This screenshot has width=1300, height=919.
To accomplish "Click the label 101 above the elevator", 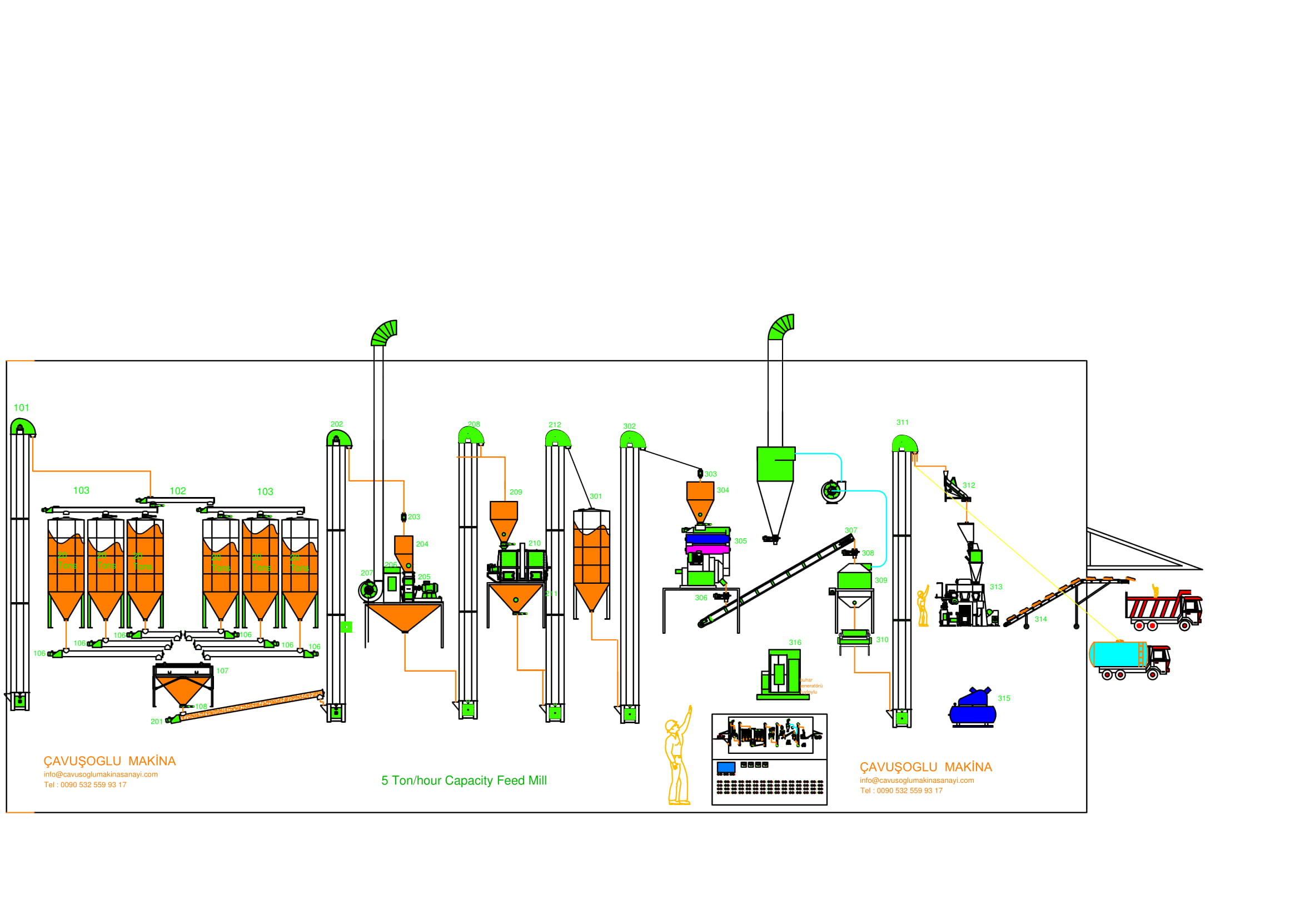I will (21, 408).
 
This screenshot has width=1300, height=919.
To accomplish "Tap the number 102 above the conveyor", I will (177, 491).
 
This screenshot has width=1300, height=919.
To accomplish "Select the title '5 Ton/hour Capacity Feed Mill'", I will (464, 780).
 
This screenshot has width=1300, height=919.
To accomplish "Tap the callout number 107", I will (222, 671).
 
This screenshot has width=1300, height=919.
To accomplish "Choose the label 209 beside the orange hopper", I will (515, 492).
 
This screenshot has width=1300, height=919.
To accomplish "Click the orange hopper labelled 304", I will (700, 498).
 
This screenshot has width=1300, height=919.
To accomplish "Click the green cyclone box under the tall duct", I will (776, 464).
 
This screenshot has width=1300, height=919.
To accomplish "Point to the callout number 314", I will (1040, 619).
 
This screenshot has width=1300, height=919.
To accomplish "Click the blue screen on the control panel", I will (726, 767).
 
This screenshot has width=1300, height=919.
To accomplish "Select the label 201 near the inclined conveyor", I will (156, 722).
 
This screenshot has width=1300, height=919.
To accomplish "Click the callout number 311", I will (903, 423).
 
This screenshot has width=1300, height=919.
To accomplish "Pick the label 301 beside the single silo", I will (596, 496).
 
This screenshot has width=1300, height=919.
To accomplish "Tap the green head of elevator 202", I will (338, 438).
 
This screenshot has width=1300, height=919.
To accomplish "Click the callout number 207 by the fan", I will (366, 573).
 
